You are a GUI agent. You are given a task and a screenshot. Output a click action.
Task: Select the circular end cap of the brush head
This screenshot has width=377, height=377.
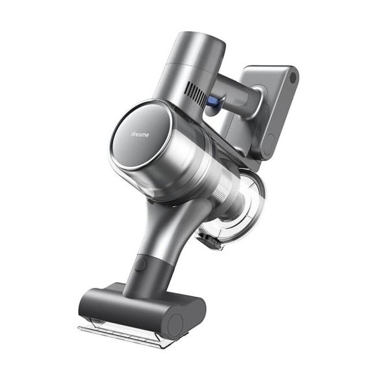[x=177, y=321]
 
